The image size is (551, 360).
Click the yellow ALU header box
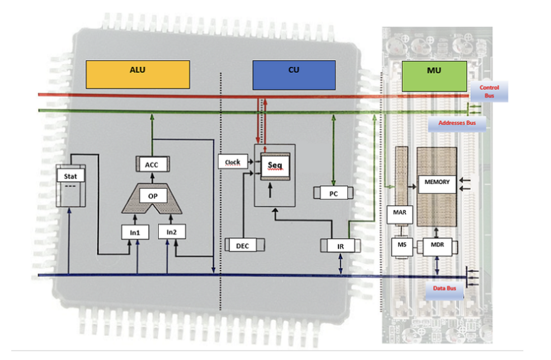click(x=137, y=74)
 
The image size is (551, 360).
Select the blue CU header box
click(x=294, y=74)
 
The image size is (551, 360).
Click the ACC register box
click(x=152, y=165)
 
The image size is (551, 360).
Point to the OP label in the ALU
click(x=152, y=196)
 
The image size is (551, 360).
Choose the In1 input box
click(x=135, y=232)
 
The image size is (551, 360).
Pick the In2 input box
click(x=172, y=232)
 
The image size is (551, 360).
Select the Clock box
click(x=233, y=162)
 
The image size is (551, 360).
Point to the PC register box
click(x=333, y=194)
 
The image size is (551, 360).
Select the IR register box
click(x=340, y=246)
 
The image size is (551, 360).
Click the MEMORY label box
click(x=437, y=182)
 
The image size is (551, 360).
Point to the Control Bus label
click(x=489, y=91)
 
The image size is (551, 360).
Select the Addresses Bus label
click(x=456, y=122)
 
